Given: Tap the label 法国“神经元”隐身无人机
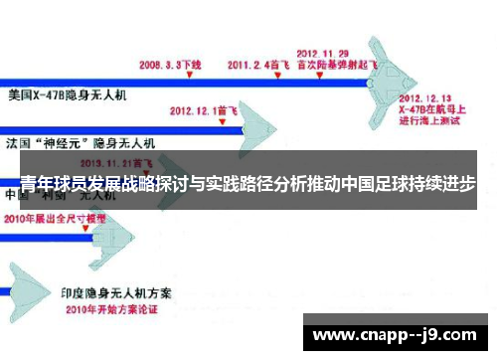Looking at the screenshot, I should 81,143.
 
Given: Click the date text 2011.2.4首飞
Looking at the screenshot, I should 257,64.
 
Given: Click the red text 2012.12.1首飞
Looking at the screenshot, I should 205,110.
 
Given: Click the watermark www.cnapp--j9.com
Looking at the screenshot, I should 393,333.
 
